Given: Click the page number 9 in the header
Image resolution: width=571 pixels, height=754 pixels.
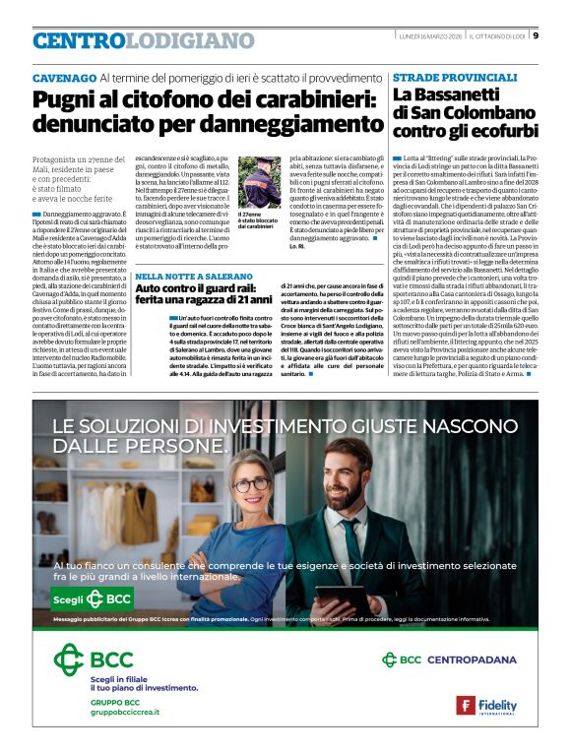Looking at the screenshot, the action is point(536,36).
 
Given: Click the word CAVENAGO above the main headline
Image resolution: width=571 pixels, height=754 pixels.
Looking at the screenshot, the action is point(63,77).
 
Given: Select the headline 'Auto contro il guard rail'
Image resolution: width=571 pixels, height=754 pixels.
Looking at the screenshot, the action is point(203,298).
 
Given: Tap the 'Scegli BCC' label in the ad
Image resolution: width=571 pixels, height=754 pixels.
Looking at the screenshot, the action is point(91,598).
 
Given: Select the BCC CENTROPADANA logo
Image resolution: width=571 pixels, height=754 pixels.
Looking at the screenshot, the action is point(448,660).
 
